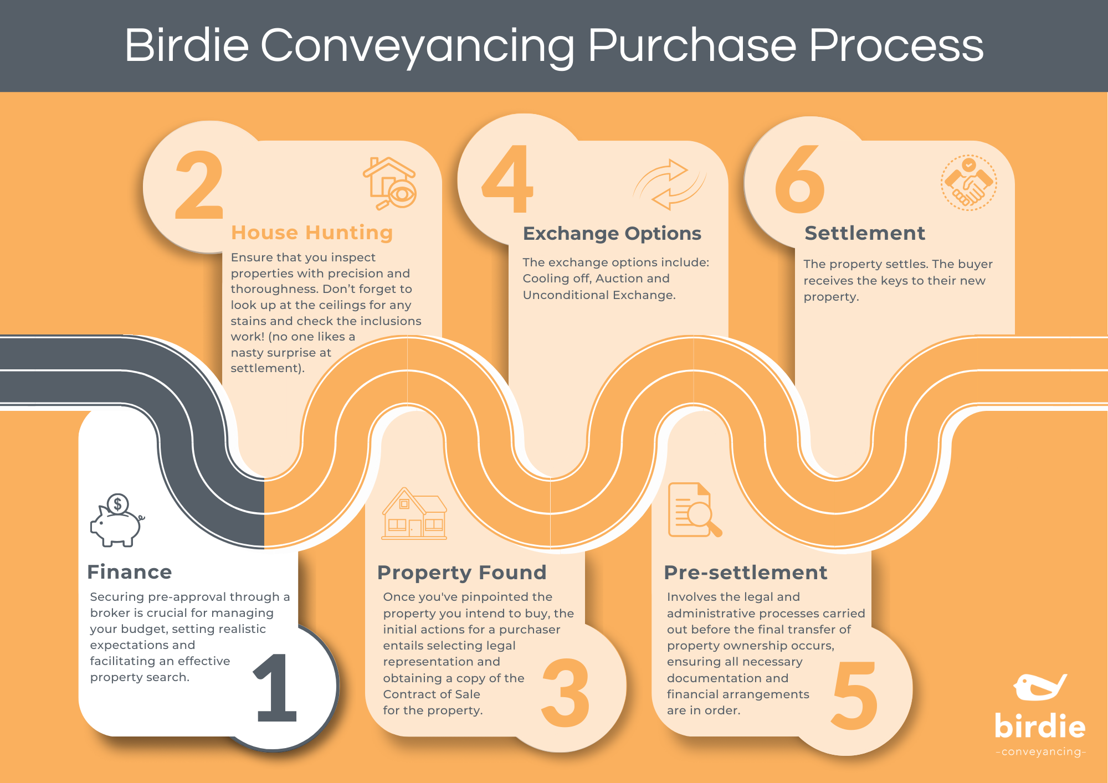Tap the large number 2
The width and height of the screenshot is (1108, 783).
click(x=199, y=185)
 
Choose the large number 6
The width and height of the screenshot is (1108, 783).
click(x=799, y=179)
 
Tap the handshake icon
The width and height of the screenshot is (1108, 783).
click(x=968, y=183)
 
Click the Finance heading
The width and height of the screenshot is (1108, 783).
click(x=130, y=572)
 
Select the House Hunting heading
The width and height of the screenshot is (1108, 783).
click(x=312, y=233)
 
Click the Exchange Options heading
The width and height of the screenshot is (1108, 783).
click(x=612, y=234)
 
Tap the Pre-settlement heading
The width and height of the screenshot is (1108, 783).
click(x=745, y=573)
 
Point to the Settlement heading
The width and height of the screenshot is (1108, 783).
click(x=865, y=233)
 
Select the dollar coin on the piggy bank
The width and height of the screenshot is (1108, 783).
click(x=117, y=504)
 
